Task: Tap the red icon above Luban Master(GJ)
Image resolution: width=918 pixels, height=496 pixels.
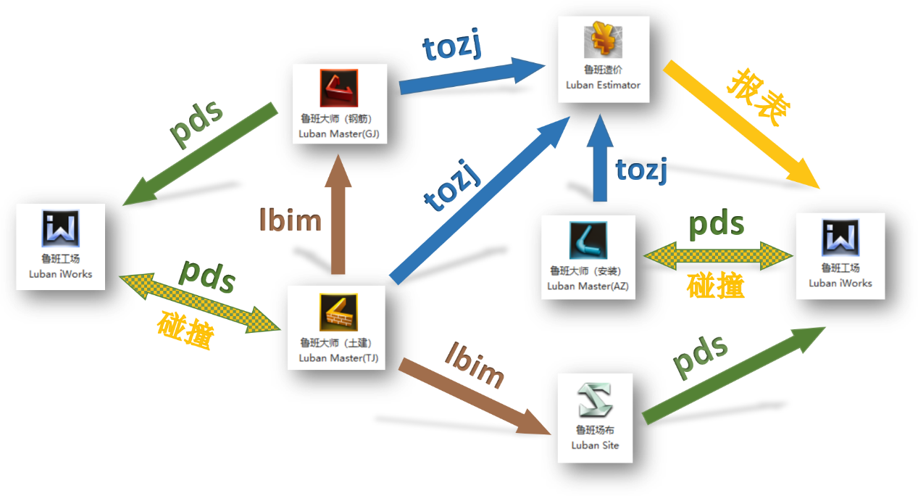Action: [x=339, y=88]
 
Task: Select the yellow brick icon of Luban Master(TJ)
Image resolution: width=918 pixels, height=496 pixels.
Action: [x=339, y=313]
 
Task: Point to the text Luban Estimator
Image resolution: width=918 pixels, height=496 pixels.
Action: [x=603, y=85]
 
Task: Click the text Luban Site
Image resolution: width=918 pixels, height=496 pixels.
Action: [x=595, y=445]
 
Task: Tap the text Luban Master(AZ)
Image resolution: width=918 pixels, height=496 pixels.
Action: [x=588, y=286]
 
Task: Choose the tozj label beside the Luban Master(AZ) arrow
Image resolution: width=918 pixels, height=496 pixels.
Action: [x=640, y=170]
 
